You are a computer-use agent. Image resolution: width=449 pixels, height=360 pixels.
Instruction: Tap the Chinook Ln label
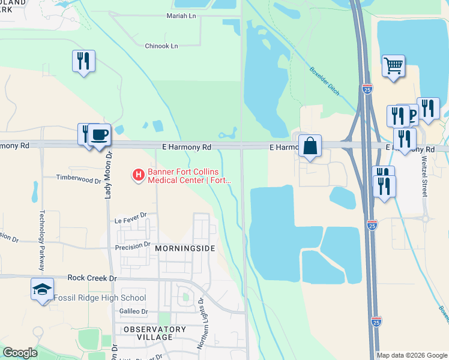tap(161, 46)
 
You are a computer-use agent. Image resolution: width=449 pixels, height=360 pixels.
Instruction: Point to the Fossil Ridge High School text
tap(100, 298)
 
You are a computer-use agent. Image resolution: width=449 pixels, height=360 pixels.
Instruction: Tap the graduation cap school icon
tap(43, 290)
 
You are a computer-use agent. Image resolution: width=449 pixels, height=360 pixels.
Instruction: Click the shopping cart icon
tap(393, 66)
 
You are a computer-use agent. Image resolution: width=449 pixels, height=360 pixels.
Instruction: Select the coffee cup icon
tap(100, 134)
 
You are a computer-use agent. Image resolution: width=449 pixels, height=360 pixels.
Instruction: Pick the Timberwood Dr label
tap(79, 178)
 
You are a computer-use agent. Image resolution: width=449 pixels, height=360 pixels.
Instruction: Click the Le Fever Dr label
tap(131, 221)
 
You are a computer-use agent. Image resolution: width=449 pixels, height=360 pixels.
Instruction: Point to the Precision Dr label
tap(133, 245)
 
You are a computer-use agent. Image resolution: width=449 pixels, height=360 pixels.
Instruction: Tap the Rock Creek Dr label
tap(92, 278)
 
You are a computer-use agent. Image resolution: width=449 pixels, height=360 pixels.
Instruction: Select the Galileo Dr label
tap(133, 311)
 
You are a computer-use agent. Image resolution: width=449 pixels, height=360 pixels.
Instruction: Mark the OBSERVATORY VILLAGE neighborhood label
tap(155, 333)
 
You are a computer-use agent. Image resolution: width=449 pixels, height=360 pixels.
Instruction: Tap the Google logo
tap(20, 353)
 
